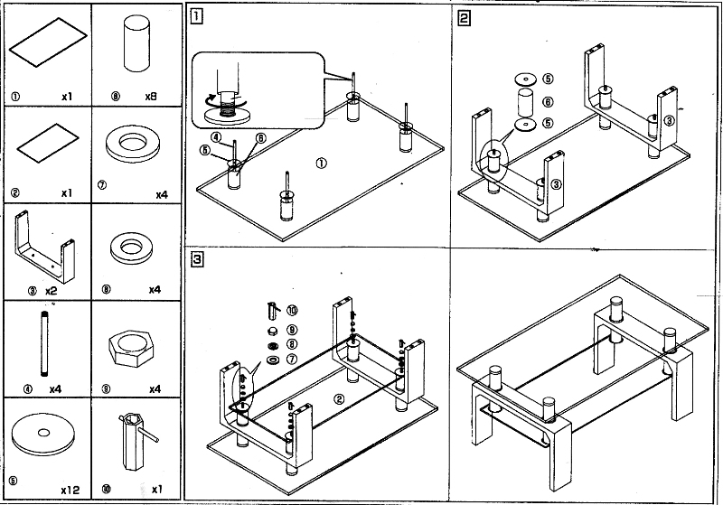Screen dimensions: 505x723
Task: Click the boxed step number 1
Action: pos(195,16)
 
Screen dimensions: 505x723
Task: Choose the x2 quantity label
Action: pos(52,291)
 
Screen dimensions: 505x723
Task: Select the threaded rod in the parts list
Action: pos(41,344)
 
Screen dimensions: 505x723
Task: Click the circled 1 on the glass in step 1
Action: pos(321,164)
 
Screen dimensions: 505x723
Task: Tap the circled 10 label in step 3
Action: pos(292,311)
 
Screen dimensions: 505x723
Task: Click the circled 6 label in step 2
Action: pos(549,102)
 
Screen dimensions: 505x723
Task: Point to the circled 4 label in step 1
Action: pos(217,137)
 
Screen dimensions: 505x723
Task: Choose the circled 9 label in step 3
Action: pos(292,329)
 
